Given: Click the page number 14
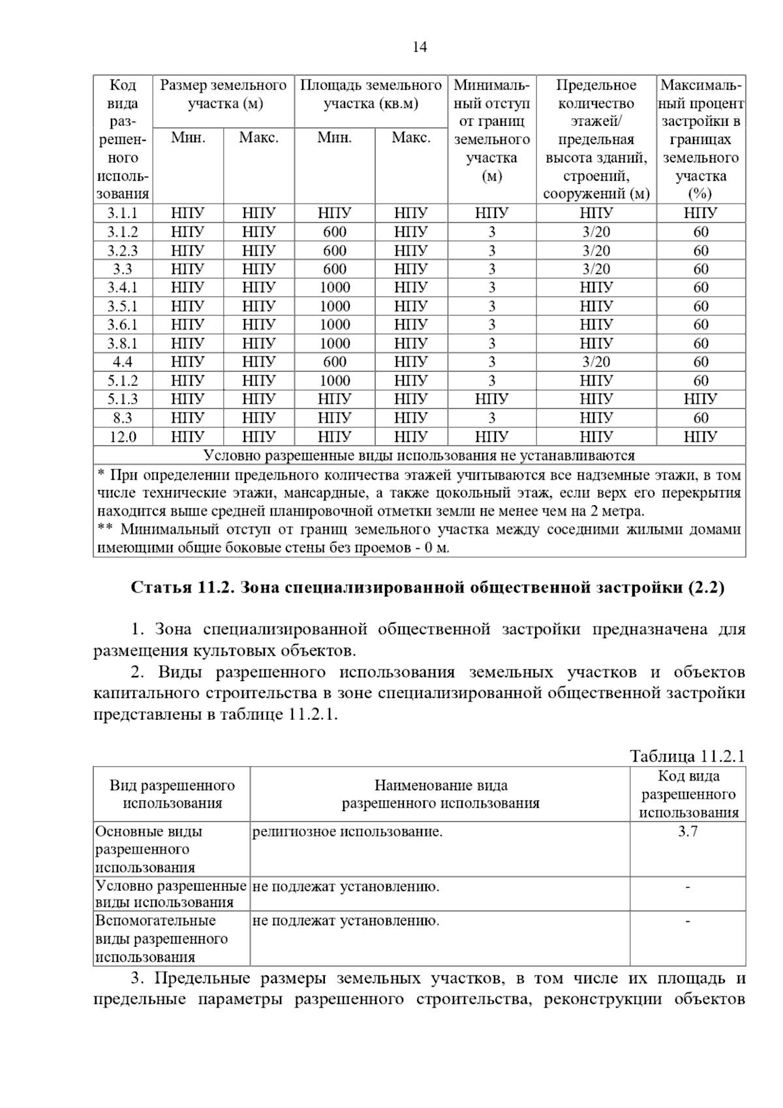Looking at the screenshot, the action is point(420,47).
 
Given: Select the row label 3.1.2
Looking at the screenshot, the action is point(123,232).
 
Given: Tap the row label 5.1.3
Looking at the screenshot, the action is point(123,399).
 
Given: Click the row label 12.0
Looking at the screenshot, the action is point(123,437).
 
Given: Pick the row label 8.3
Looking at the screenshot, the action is point(123,418).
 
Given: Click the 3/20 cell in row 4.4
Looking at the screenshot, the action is point(596,362).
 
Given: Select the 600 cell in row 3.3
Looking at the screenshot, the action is point(335,269).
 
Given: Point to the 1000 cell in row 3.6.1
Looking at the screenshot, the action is point(335,325).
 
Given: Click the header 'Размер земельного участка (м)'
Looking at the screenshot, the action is point(224,95).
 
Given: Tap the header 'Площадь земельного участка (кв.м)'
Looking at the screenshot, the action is point(371,95).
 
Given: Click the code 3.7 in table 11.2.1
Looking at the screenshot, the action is point(688,832).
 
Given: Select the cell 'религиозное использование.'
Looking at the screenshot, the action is point(347,832).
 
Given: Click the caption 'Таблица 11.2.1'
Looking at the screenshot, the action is point(687,756).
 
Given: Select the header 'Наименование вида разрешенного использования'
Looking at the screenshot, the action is point(440,794).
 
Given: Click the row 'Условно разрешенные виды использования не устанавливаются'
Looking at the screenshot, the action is point(420,455).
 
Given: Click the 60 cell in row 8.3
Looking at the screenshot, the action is point(701,418).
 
